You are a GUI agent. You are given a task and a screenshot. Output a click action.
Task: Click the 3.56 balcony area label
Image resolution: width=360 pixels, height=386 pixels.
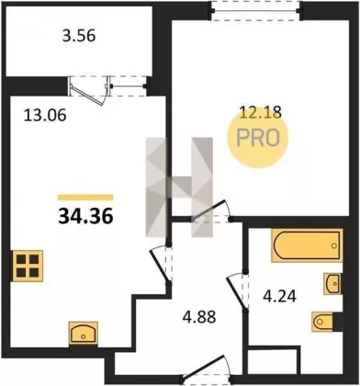coord(79,37)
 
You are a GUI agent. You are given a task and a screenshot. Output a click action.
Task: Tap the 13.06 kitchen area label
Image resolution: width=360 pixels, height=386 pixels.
coord(45,116)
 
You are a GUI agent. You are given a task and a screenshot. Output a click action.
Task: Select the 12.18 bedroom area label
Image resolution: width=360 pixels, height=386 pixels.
coord(260,113)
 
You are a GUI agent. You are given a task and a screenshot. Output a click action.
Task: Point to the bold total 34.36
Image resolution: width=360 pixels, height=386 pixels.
coord(85,217)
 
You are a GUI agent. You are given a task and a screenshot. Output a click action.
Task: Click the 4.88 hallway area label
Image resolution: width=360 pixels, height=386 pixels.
coord(199,317)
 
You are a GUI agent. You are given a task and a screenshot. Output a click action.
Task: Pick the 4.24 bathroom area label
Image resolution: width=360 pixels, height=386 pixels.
coord(280,297)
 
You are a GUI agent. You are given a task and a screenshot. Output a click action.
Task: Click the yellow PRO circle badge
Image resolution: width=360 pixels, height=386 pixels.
coord(258,138)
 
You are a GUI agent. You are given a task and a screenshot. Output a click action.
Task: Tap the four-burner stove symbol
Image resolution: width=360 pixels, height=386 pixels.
coord(28,266)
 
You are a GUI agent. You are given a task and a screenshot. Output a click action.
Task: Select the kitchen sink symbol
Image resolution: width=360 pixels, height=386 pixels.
coord(84,334)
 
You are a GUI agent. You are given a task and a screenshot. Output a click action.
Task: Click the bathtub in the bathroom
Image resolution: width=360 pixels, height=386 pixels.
coord(307,245)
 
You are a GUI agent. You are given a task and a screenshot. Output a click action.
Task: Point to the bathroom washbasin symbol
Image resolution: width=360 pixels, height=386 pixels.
coord(332,283)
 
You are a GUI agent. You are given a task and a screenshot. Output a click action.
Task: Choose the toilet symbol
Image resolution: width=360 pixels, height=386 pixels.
coord(323,322)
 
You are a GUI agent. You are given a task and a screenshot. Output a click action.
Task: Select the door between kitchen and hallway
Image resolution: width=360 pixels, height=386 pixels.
coord(160,264)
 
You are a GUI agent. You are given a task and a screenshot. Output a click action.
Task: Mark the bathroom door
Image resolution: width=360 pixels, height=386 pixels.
coord(237,290)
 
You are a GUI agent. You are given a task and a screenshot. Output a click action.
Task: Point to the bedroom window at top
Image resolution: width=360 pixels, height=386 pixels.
coord(256,11)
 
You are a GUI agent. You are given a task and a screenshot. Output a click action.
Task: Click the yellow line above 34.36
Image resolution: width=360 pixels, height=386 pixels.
coord(85,198)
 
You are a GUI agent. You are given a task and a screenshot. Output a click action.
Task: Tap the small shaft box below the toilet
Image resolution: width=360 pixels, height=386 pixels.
coord(273,362)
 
